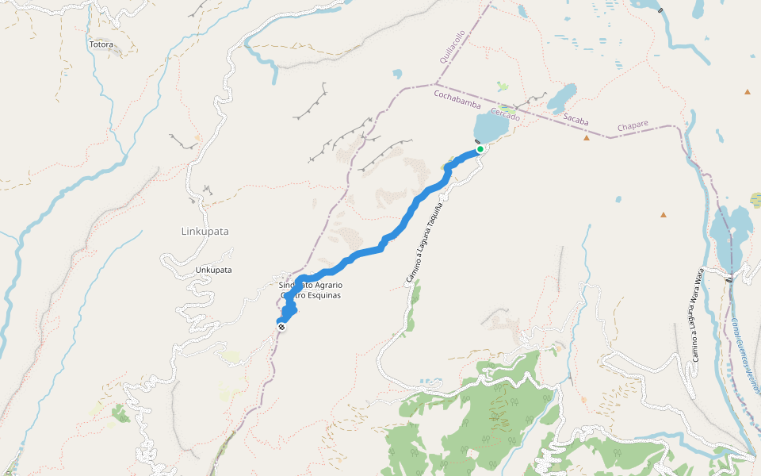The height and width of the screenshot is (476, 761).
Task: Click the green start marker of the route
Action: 480,148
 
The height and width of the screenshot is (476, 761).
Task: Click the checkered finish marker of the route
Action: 281,325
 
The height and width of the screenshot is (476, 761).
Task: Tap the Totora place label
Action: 101,44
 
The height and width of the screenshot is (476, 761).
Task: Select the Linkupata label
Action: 205,232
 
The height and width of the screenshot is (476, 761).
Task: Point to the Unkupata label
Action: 213,270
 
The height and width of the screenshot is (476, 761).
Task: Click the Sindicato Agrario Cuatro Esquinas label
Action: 310,290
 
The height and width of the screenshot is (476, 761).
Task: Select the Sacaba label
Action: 576,119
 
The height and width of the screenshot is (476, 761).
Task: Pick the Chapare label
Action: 633,125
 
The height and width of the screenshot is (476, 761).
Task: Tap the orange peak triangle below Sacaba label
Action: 587,138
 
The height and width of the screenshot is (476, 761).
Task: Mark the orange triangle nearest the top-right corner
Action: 747,92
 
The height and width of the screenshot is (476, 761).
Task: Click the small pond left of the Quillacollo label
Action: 397,75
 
